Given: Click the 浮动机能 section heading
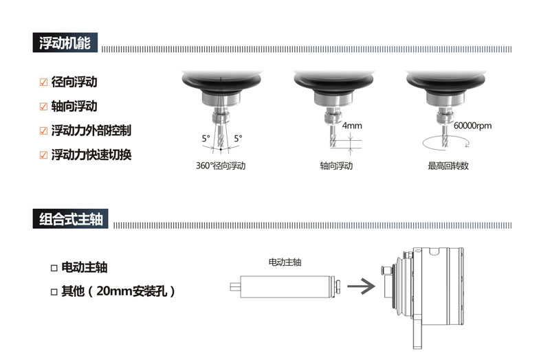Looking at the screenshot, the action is click(x=65, y=43).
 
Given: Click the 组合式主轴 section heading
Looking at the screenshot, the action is click(x=71, y=219).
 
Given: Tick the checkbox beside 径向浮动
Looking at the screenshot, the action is click(x=43, y=82).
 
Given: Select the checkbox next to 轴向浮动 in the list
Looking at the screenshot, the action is click(x=43, y=106).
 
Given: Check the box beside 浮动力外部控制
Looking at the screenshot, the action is click(x=43, y=131).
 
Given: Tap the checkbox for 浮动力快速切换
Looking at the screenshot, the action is click(x=43, y=155).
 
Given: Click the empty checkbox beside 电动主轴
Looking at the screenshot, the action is click(x=54, y=268).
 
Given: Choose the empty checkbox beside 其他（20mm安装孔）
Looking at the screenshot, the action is click(x=54, y=292).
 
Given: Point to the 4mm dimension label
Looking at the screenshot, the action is click(x=352, y=126).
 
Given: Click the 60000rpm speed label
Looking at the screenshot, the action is click(x=472, y=126).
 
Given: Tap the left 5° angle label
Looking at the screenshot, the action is click(x=206, y=139).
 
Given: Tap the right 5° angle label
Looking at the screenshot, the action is click(x=238, y=139).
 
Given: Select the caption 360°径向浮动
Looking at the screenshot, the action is click(x=221, y=166).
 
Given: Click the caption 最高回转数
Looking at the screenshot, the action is click(x=448, y=166).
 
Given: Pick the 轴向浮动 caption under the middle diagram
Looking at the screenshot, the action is click(x=336, y=166).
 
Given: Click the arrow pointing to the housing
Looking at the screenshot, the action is click(x=362, y=286).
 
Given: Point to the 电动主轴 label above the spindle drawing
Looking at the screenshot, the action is click(x=285, y=262).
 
